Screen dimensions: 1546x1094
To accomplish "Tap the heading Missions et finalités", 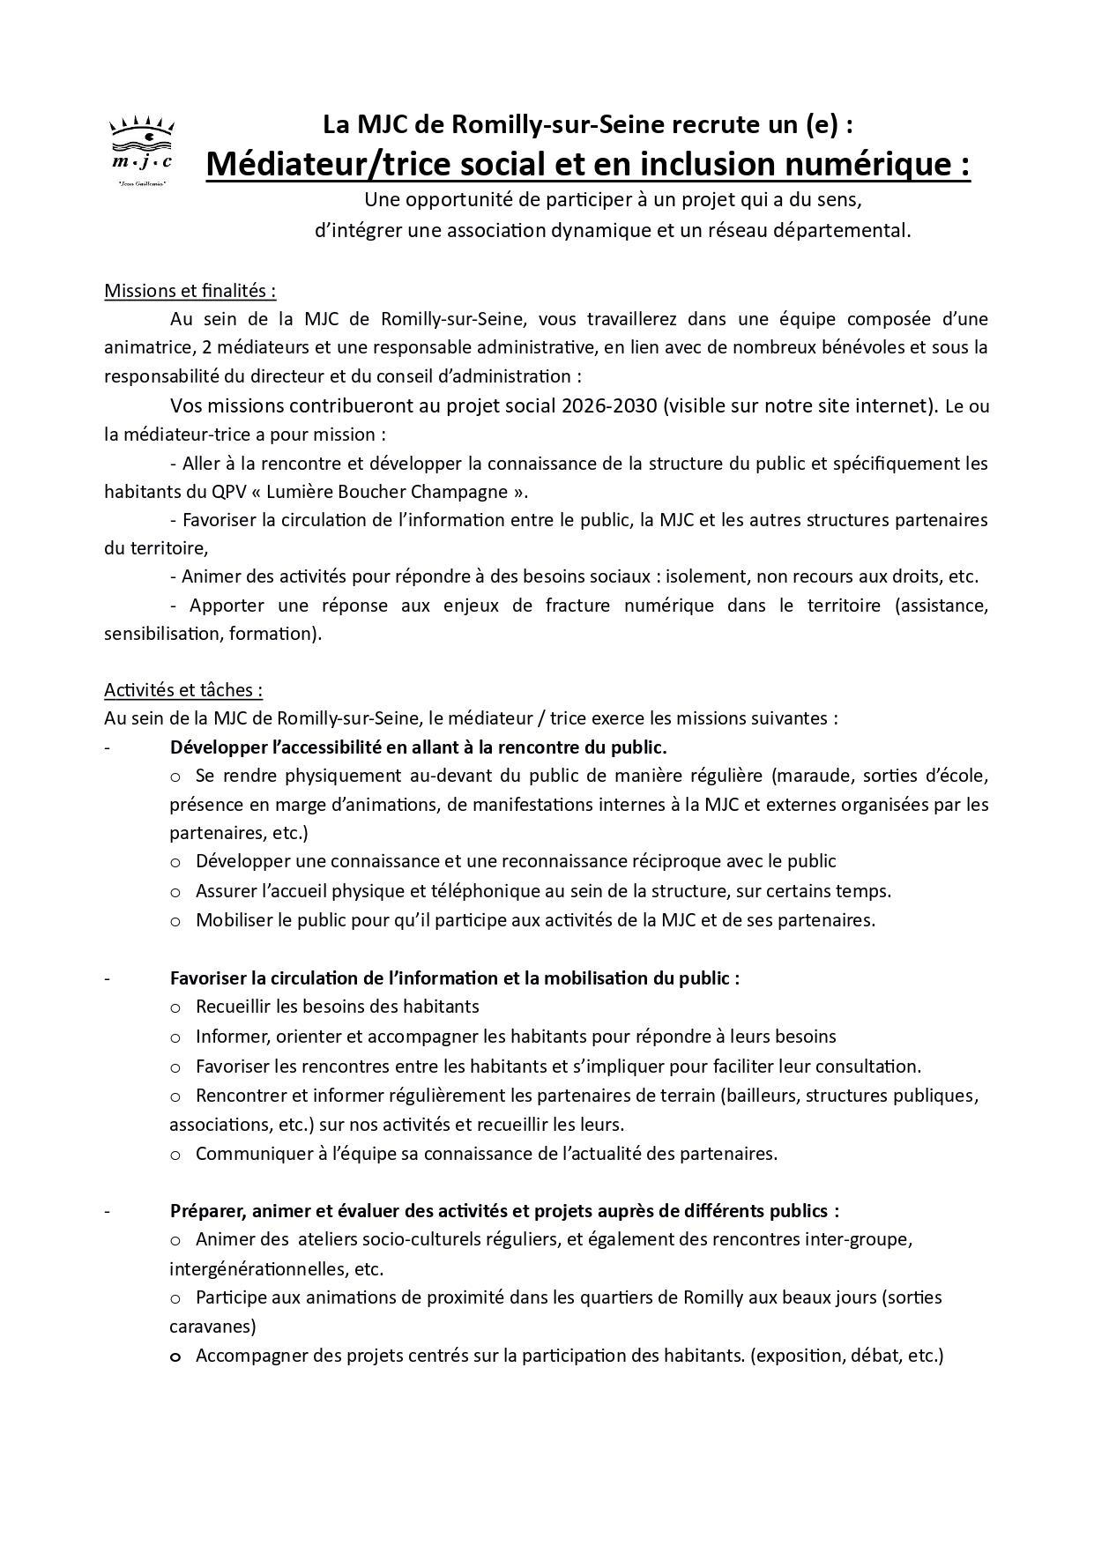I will click(x=190, y=291).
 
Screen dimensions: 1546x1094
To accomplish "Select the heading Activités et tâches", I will click(x=182, y=689).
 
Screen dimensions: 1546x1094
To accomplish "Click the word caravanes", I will click(x=212, y=1326).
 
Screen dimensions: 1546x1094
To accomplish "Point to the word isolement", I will click(x=703, y=576).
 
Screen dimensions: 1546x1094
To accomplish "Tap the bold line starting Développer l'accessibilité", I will click(x=418, y=747).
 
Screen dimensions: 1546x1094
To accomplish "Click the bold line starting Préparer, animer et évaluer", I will click(x=503, y=1210).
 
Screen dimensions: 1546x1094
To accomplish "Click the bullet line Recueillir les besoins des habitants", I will click(x=337, y=1006).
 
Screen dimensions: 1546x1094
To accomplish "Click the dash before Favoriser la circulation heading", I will click(x=107, y=978).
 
